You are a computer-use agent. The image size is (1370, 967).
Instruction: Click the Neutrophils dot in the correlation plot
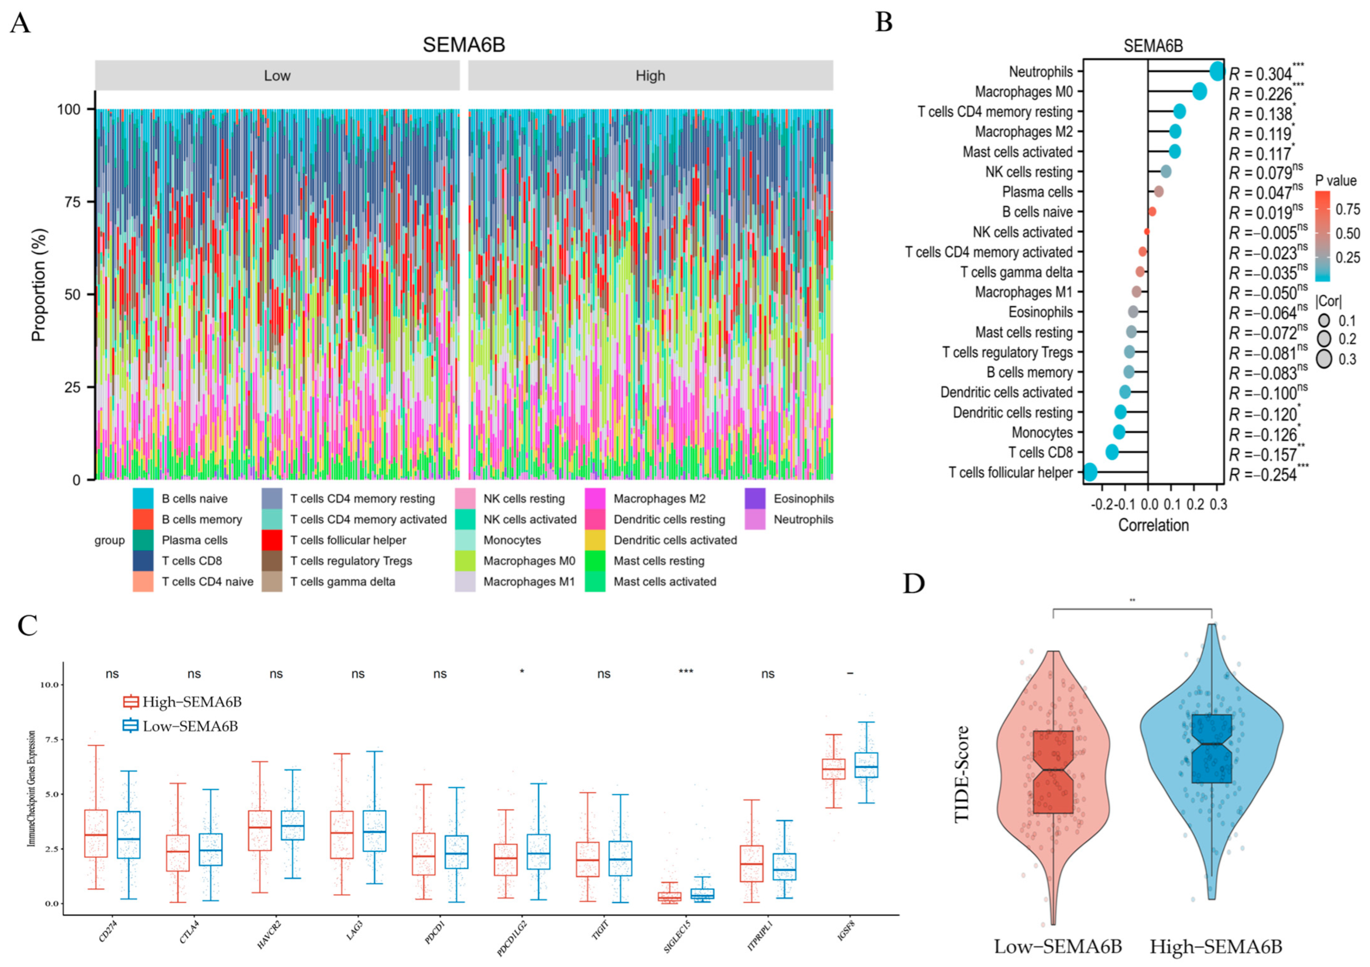pos(1217,71)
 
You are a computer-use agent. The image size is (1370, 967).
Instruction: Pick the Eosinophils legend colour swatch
pos(755,499)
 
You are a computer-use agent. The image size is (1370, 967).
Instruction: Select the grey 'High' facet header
pos(650,76)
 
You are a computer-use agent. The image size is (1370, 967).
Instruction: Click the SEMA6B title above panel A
pos(464,45)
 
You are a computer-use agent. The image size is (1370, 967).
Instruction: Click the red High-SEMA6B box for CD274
pos(96,833)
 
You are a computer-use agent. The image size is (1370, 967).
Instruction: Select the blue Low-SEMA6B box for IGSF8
pos(866,765)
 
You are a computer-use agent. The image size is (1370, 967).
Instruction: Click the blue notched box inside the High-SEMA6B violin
pos(1211,748)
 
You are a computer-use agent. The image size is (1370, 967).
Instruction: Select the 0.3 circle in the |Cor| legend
pos(1324,359)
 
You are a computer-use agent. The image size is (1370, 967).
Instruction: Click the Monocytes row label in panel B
pos(1042,432)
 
